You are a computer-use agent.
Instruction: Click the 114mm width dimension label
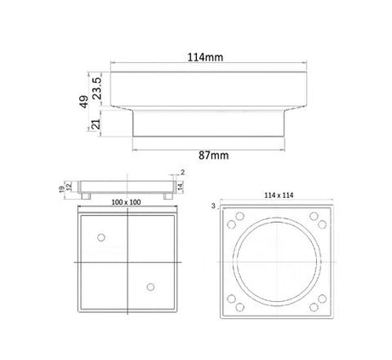[x=205, y=57]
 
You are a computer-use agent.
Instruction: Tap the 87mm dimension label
[x=213, y=155]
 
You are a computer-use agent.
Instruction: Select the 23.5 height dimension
[x=97, y=88]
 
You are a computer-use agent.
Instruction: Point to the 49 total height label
[x=84, y=102]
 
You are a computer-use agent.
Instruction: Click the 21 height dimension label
[x=96, y=125]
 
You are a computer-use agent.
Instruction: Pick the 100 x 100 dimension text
[x=126, y=202]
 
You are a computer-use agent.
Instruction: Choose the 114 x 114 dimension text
[x=279, y=195]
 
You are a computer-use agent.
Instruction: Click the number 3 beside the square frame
[x=213, y=206]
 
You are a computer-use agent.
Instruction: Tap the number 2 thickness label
[x=182, y=172]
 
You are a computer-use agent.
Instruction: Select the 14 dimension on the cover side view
[x=181, y=187]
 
